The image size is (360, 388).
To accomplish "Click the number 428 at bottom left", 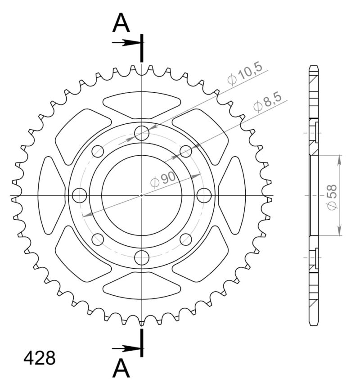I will click(40, 358).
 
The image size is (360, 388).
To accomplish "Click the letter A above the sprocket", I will click(121, 23).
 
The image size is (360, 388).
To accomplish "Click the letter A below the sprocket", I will click(121, 369).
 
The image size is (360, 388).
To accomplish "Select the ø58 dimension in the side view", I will click(332, 197).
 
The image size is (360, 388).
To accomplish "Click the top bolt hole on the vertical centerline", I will click(142, 133).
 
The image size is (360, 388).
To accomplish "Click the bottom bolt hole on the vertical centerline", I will click(142, 258).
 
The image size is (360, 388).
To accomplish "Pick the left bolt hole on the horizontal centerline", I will click(79, 195).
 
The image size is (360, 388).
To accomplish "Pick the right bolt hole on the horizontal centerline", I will click(204, 195).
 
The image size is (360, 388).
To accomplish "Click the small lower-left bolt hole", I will click(98, 239).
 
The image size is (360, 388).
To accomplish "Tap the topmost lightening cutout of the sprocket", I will click(142, 105).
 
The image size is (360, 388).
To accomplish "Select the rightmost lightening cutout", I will click(233, 195).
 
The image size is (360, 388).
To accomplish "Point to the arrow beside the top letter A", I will click(126, 43).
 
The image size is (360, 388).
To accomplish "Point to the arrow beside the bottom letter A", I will click(126, 348).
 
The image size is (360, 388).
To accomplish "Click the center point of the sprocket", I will click(142, 195).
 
